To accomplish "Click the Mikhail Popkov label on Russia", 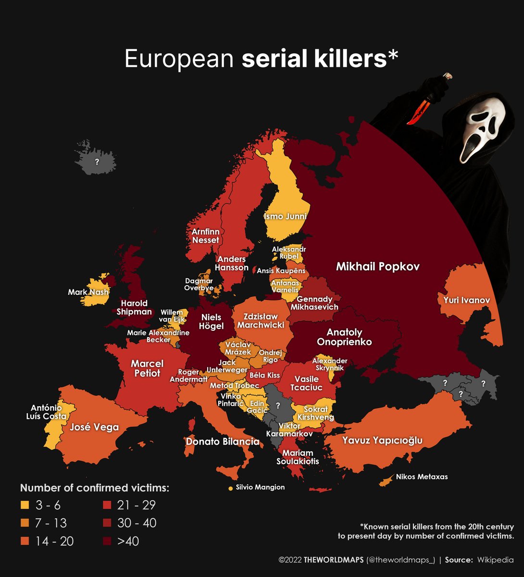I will point(377,266).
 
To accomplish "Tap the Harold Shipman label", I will point(134,308).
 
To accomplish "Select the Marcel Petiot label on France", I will point(147,368).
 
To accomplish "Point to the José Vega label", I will point(94,427).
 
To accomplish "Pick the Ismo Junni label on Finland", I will point(285,216).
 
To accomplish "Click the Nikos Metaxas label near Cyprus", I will point(422,477).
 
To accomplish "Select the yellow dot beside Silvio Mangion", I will point(230,489).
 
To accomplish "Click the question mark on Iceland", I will point(97,162).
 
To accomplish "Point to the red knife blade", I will point(417,110).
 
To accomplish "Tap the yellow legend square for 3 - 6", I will point(25,505).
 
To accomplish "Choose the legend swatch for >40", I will point(107,541).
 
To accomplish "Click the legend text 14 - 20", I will point(54,541).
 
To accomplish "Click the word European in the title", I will point(179,59).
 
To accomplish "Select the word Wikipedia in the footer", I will point(495,560).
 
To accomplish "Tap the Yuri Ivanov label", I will point(463,301).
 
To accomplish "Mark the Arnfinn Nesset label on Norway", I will point(205,236).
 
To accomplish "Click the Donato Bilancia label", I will point(223,441).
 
